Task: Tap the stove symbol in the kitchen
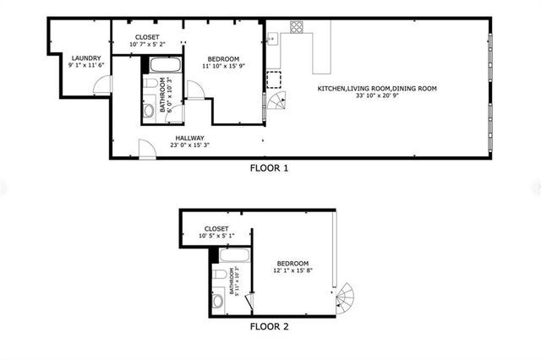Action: click(x=297, y=27)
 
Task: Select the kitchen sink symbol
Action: click(x=272, y=39)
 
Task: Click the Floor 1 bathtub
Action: click(x=164, y=66)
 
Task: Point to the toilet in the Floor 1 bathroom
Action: click(x=150, y=89)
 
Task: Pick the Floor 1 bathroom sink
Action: click(x=148, y=110)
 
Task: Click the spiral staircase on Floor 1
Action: click(x=278, y=103)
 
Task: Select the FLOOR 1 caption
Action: click(x=269, y=168)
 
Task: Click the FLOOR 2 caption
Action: click(x=270, y=325)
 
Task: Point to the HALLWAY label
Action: click(x=190, y=139)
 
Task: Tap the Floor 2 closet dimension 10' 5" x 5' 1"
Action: click(x=216, y=236)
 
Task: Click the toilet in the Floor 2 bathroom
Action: click(x=218, y=277)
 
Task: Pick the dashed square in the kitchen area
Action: click(x=274, y=80)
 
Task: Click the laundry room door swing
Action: click(x=103, y=85)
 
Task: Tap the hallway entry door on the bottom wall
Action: click(x=146, y=150)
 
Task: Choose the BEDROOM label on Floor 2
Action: click(x=291, y=264)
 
